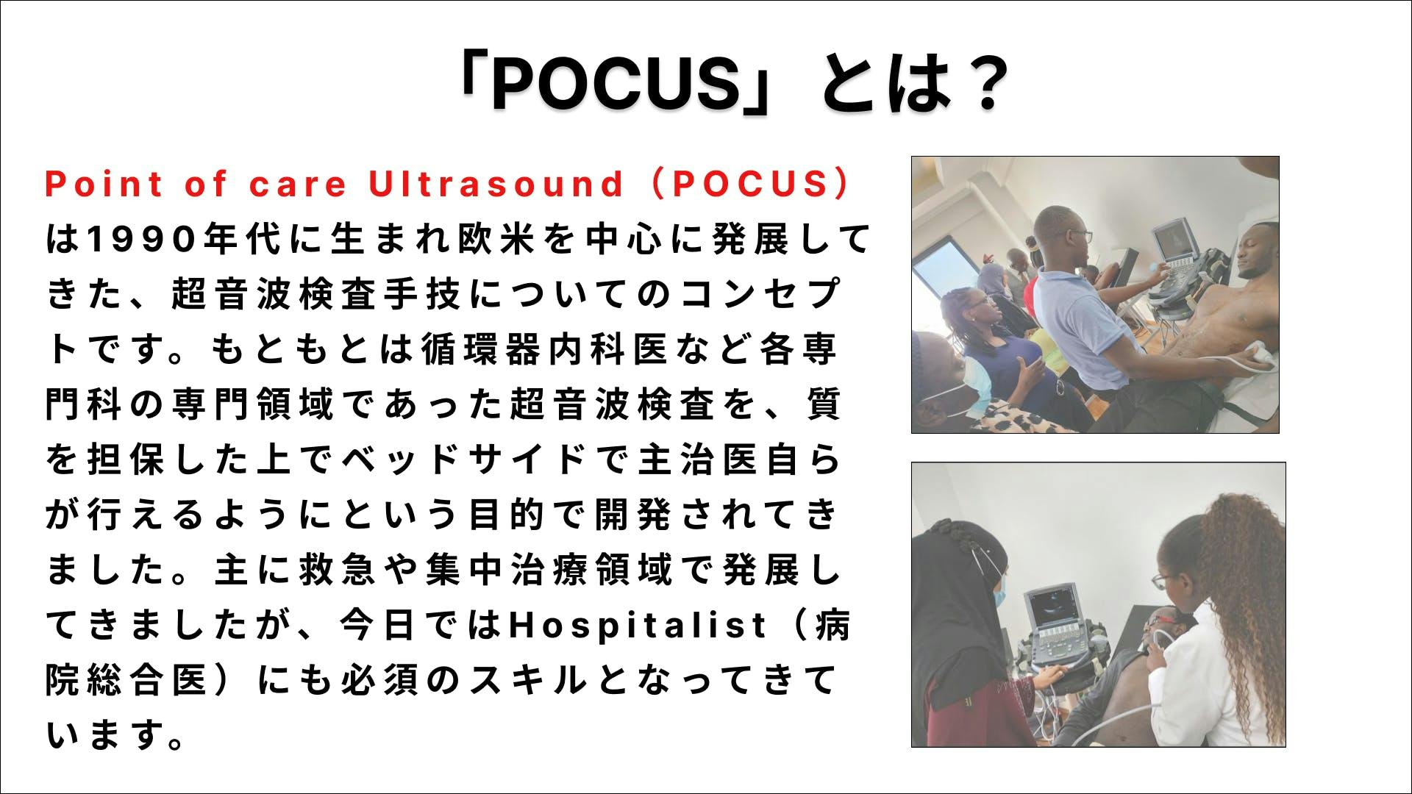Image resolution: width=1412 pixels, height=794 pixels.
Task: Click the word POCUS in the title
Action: (617, 83)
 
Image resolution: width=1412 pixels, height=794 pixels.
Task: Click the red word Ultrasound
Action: (496, 184)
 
